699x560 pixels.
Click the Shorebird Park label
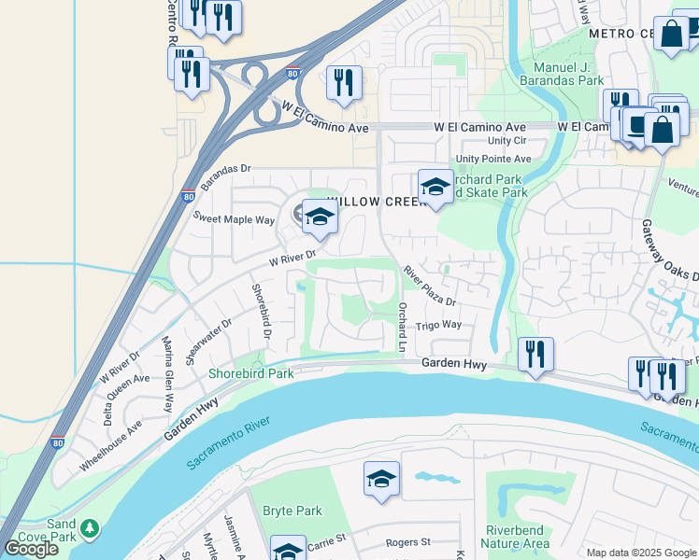pos(250,373)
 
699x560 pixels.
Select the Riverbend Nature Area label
pos(516,537)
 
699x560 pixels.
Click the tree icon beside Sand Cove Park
pos(90,529)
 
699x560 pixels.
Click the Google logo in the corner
pos(32,549)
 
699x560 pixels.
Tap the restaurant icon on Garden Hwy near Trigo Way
pos(535,355)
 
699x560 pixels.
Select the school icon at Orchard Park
pos(435,187)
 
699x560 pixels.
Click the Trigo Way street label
pos(438,325)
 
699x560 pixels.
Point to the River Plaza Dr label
pos(429,286)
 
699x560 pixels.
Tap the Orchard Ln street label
pos(403,327)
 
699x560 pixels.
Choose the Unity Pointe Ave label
pos(492,159)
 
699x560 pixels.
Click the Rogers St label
pos(407,541)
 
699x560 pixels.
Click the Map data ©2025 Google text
pos(641,553)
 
